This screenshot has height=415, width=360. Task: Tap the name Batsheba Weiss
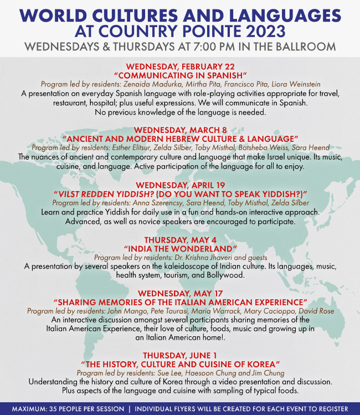[x=262, y=147]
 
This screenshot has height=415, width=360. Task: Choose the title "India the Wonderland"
[x=180, y=249]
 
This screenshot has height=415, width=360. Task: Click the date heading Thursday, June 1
[x=180, y=355]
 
